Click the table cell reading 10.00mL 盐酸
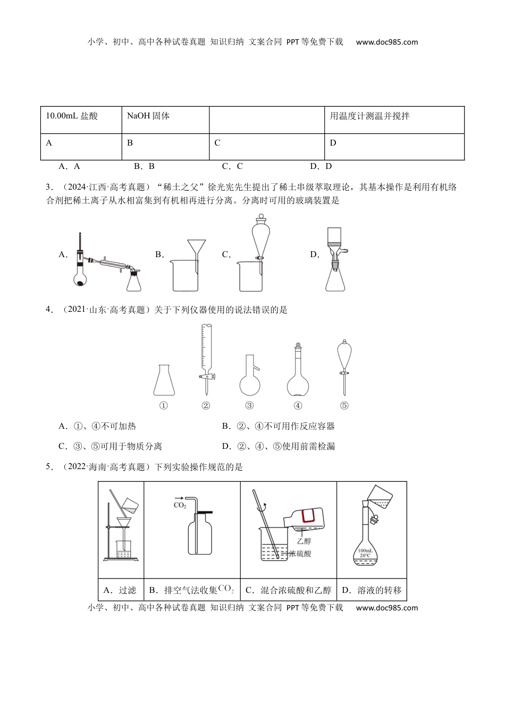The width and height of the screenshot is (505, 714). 81,120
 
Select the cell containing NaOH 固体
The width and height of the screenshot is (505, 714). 165,120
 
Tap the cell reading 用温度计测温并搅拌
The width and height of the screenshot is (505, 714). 394,120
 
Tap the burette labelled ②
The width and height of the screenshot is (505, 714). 206,359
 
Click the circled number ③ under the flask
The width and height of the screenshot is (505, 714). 249,406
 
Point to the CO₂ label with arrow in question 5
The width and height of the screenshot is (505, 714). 180,503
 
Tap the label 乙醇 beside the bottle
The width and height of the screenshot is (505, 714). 304,541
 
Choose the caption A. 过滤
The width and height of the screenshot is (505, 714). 120,590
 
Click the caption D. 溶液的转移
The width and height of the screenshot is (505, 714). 372,590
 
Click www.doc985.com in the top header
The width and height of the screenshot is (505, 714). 387,42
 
